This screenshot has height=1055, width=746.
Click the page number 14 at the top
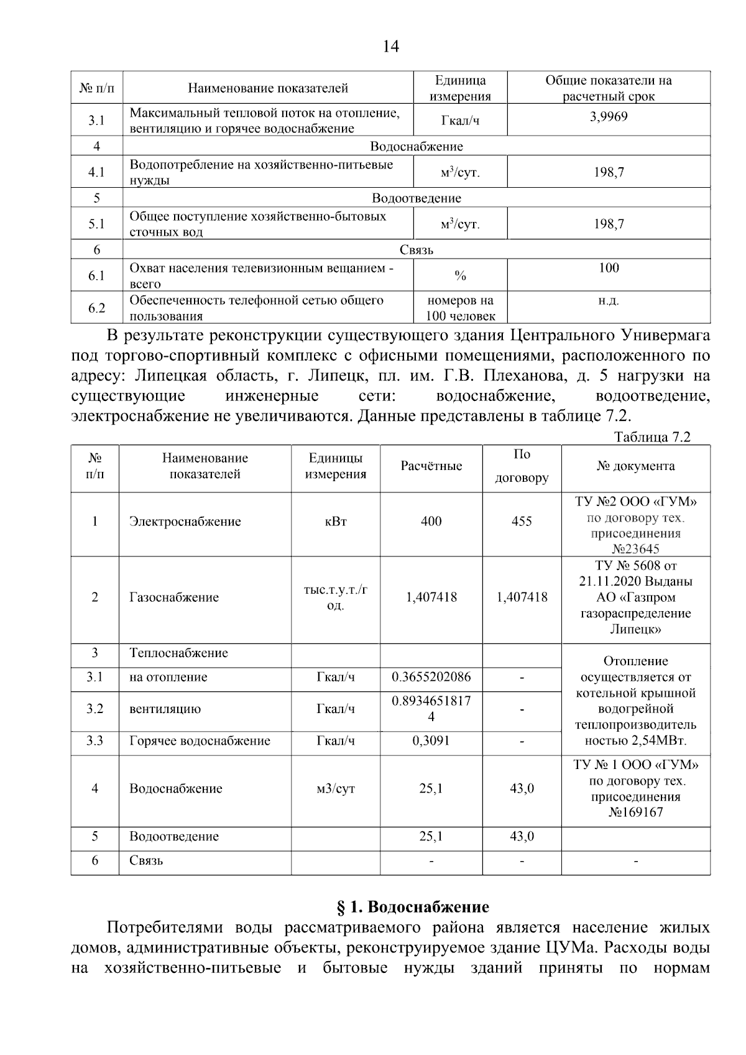391,47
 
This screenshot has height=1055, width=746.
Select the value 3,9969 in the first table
608,117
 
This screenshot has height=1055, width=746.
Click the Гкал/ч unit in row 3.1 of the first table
460,121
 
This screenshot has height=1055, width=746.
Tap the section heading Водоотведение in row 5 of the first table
416,198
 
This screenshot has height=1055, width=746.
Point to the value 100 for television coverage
609,268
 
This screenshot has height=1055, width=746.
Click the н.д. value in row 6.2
609,301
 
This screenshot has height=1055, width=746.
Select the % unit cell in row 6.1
460,276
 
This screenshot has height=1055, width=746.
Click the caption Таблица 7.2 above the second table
652,437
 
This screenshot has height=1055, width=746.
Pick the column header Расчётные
431,466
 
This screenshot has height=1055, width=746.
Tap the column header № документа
635,466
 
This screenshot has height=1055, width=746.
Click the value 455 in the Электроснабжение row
521,522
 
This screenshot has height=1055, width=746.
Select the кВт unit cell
335,522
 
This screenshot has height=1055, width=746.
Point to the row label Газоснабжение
173,597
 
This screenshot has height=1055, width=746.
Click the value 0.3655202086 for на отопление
431,677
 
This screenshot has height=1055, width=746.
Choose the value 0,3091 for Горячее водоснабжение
431,741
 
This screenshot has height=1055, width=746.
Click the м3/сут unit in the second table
335,789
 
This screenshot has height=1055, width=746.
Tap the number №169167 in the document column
635,813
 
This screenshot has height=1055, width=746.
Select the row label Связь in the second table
146,861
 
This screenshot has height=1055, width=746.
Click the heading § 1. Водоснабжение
413,907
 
